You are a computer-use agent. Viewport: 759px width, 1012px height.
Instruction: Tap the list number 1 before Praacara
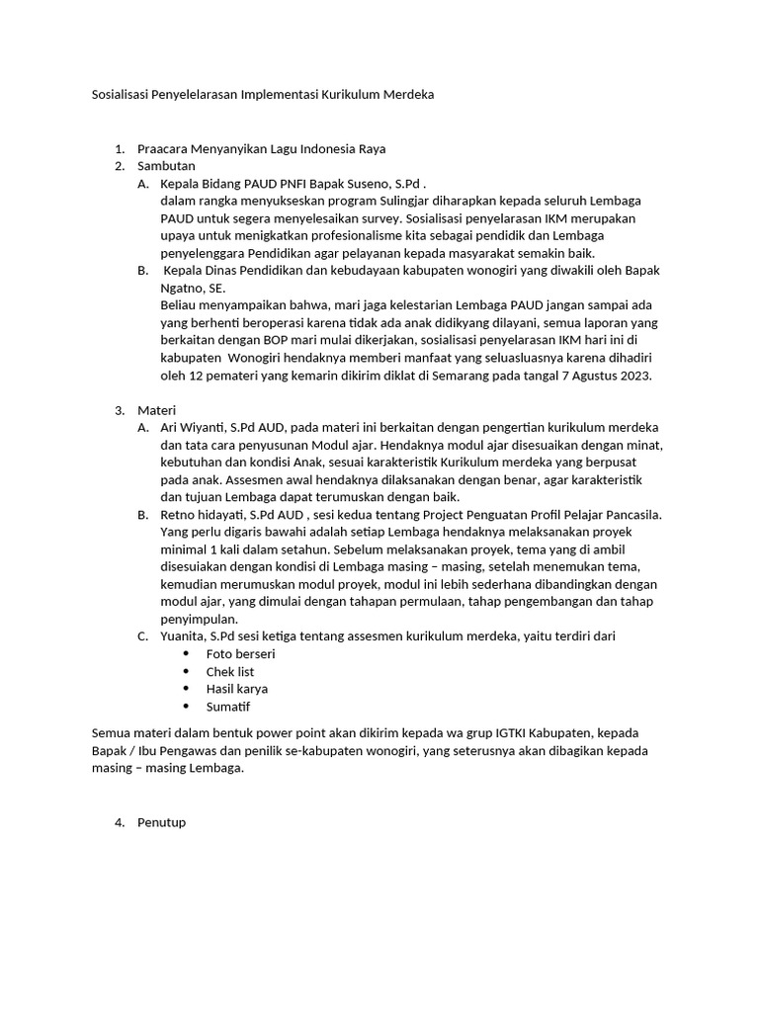pos(119,148)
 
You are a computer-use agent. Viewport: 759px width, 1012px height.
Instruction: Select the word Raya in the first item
pos(372,148)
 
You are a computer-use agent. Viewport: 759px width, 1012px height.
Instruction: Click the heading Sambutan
pos(166,165)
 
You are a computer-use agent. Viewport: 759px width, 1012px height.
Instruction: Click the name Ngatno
pos(183,288)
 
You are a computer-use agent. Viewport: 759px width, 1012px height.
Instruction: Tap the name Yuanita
pos(184,636)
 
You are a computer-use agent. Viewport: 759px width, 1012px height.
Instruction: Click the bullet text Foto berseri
pos(240,654)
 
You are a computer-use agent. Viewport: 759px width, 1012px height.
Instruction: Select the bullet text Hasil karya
pos(236,689)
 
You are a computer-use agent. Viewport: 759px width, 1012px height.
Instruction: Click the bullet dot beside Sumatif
pos(186,707)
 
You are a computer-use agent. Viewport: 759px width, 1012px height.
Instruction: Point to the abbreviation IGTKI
pos(512,733)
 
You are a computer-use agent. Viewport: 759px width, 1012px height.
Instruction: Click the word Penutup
pos(161,822)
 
